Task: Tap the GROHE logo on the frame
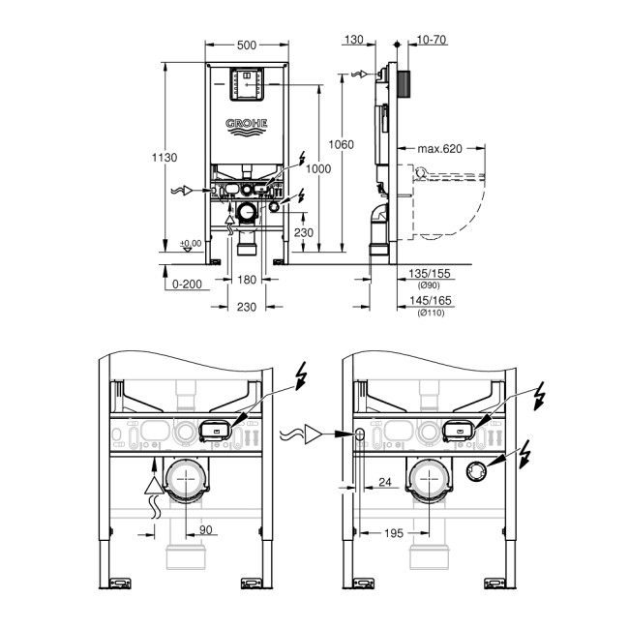click(249, 125)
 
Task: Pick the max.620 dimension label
click(440, 149)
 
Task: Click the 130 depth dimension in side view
click(353, 40)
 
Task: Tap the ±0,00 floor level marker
click(190, 243)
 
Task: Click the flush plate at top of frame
click(249, 83)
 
